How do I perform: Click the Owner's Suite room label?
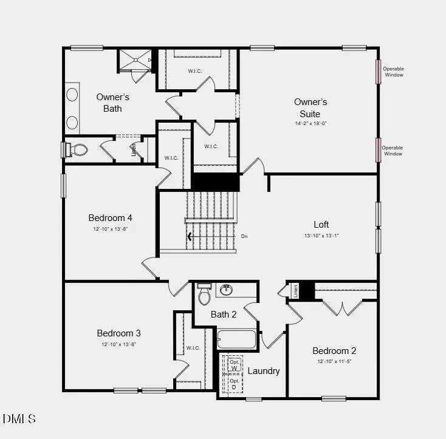point(310,107)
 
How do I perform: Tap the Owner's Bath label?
point(112,103)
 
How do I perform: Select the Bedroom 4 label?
point(110,218)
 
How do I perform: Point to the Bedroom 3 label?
point(118,333)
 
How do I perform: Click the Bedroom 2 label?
point(334,350)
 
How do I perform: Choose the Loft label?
point(321,224)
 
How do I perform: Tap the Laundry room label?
point(264,370)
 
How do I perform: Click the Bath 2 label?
point(224,314)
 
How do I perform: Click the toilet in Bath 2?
point(204,294)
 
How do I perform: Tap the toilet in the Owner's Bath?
point(78,149)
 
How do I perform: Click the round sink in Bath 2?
point(227,289)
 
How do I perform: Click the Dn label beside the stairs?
point(244,236)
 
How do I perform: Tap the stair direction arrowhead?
point(191,237)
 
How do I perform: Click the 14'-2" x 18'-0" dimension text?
point(311,123)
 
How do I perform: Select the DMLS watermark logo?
point(19,419)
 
